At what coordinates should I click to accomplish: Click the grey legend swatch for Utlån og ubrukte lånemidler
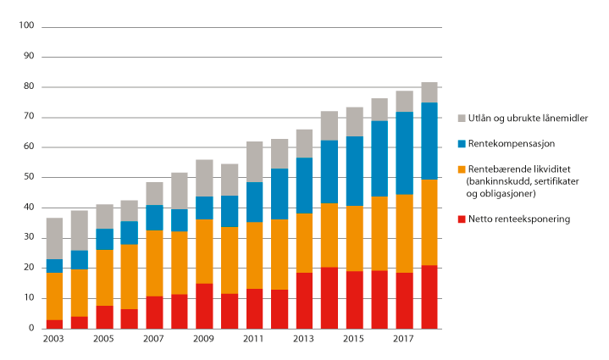pyautogui.click(x=462, y=119)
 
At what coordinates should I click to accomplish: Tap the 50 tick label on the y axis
pyautogui.click(x=27, y=178)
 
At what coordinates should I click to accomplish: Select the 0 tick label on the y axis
pyautogui.click(x=30, y=329)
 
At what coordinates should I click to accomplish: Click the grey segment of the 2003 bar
pyautogui.click(x=55, y=238)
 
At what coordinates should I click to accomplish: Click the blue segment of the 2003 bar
pyautogui.click(x=55, y=266)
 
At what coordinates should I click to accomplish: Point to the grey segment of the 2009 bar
pyautogui.click(x=205, y=178)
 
